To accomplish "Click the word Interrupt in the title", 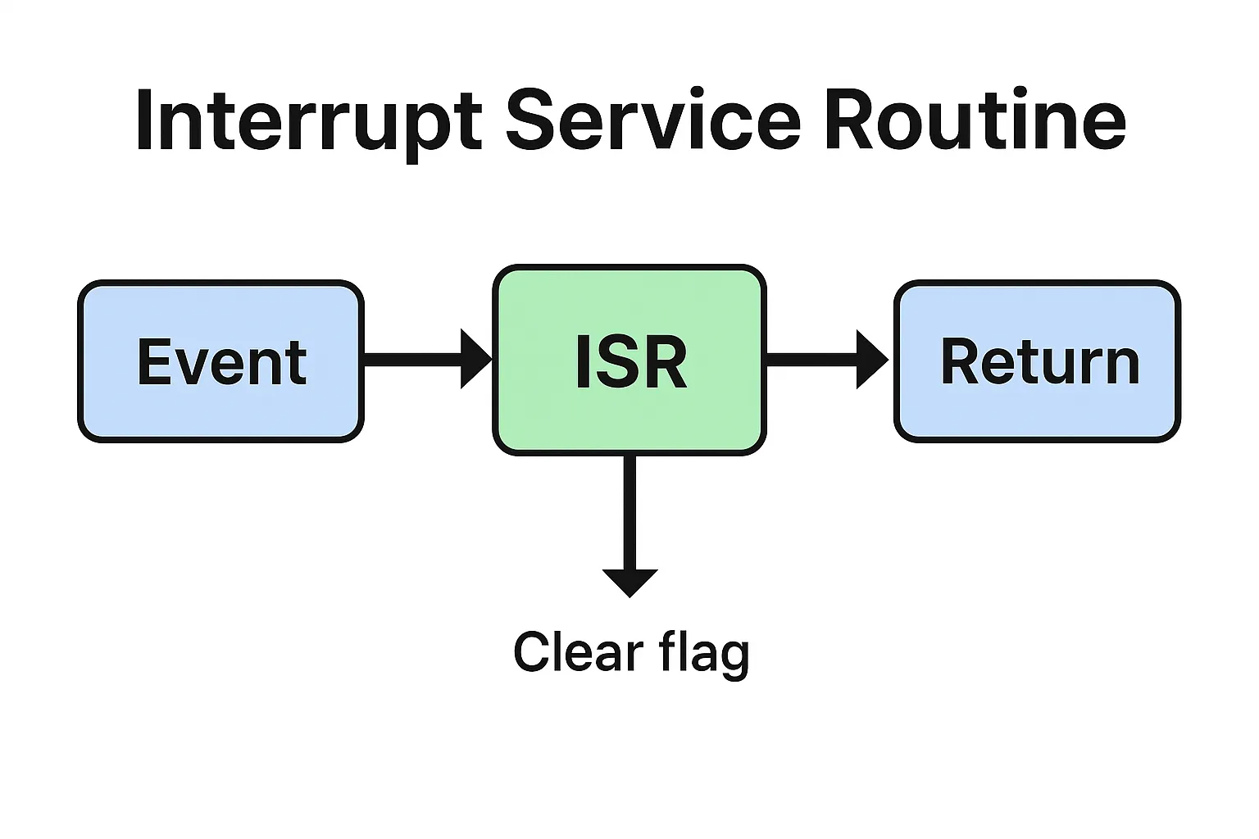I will [307, 121].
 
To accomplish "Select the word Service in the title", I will [652, 121].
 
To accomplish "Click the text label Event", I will [221, 362].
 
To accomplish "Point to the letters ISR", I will [630, 362].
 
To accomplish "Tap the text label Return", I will [1039, 361].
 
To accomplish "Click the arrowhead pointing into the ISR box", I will [475, 359].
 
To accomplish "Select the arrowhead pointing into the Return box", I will [871, 359].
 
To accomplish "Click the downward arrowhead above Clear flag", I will [629, 582].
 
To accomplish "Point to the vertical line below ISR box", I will [629, 512].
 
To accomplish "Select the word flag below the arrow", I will [704, 654].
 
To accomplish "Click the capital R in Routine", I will [848, 121].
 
